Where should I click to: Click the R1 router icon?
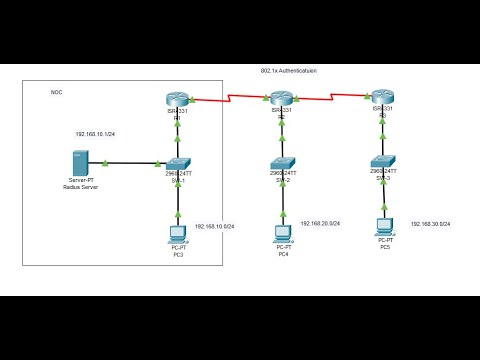[177, 98]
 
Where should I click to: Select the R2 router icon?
[280, 98]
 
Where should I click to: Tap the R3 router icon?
[382, 98]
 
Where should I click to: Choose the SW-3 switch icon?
[382, 161]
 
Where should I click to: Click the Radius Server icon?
[79, 163]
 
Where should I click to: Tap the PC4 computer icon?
[282, 233]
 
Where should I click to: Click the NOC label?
[56, 92]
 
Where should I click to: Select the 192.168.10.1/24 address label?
[95, 133]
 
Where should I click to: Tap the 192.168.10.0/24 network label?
[214, 227]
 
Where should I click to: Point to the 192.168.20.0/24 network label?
[319, 224]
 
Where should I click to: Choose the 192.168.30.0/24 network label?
[431, 224]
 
